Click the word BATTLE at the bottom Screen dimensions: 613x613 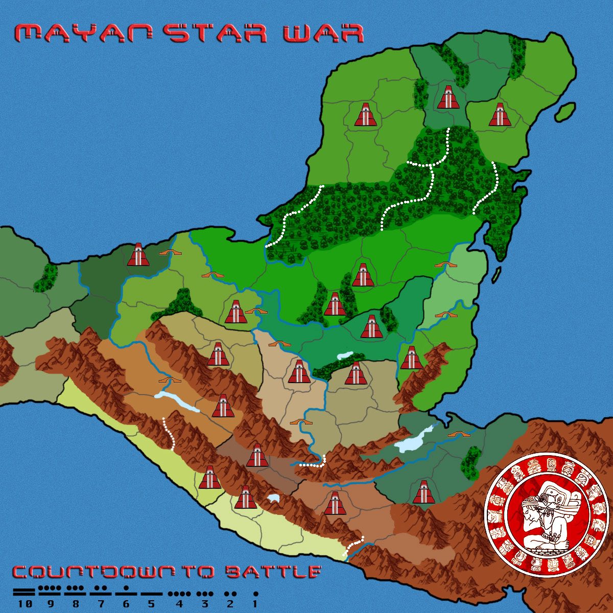click(273, 572)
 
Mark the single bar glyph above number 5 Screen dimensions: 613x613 click(151, 594)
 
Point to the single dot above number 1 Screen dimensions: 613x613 click(255, 594)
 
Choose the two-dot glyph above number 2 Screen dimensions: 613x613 click(230, 594)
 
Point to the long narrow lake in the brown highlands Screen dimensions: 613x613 click(176, 402)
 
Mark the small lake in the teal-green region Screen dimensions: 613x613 click(345, 355)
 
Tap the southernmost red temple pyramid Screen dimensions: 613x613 click(335, 503)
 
